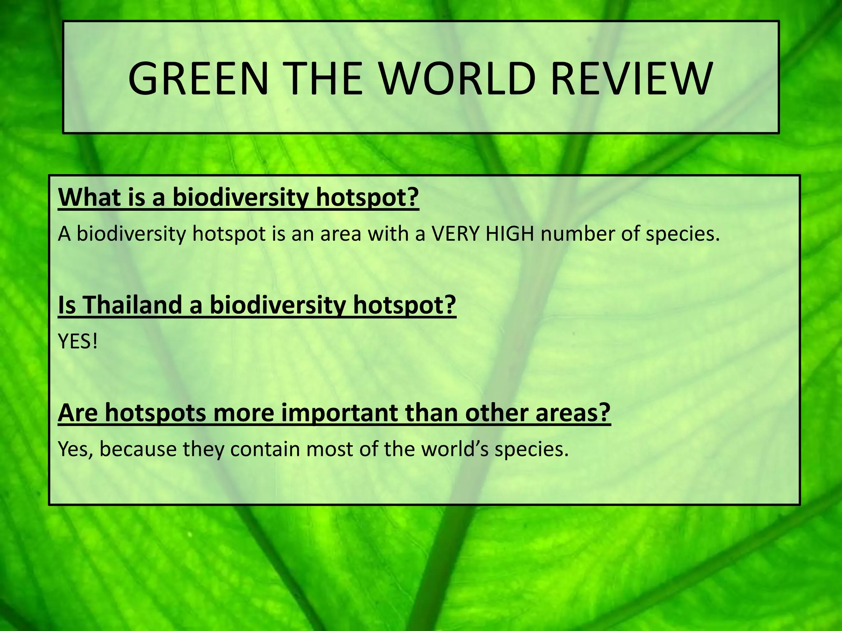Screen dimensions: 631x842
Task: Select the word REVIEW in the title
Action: (x=631, y=78)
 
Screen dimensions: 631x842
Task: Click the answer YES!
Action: (x=78, y=341)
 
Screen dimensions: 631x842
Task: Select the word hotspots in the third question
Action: (x=155, y=413)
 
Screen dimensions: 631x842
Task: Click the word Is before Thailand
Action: (x=67, y=305)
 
